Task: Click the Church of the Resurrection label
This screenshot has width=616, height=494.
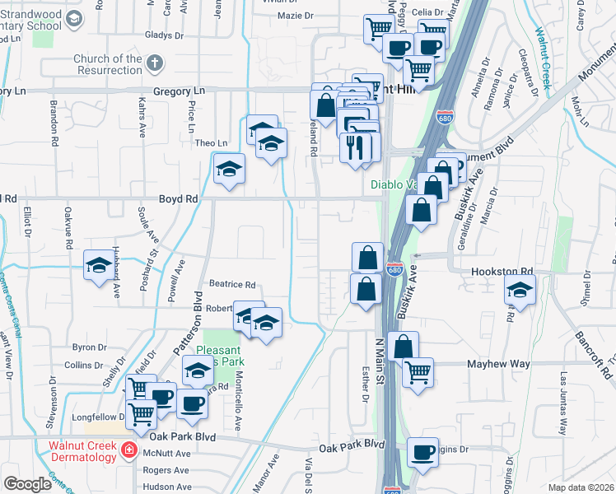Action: point(107,64)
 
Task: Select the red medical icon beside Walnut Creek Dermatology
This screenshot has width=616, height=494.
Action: point(128,450)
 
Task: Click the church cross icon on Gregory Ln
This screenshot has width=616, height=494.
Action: point(154,63)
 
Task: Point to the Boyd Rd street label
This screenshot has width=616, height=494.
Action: point(179,199)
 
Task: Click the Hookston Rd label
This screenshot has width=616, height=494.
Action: point(503,271)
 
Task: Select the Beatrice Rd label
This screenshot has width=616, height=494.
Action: point(232,284)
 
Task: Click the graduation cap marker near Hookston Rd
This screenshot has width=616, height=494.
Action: point(520,289)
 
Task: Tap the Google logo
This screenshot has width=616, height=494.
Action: point(27,484)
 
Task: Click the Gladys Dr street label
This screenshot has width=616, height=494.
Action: point(163,35)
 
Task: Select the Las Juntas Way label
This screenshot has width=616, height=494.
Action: point(564,403)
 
